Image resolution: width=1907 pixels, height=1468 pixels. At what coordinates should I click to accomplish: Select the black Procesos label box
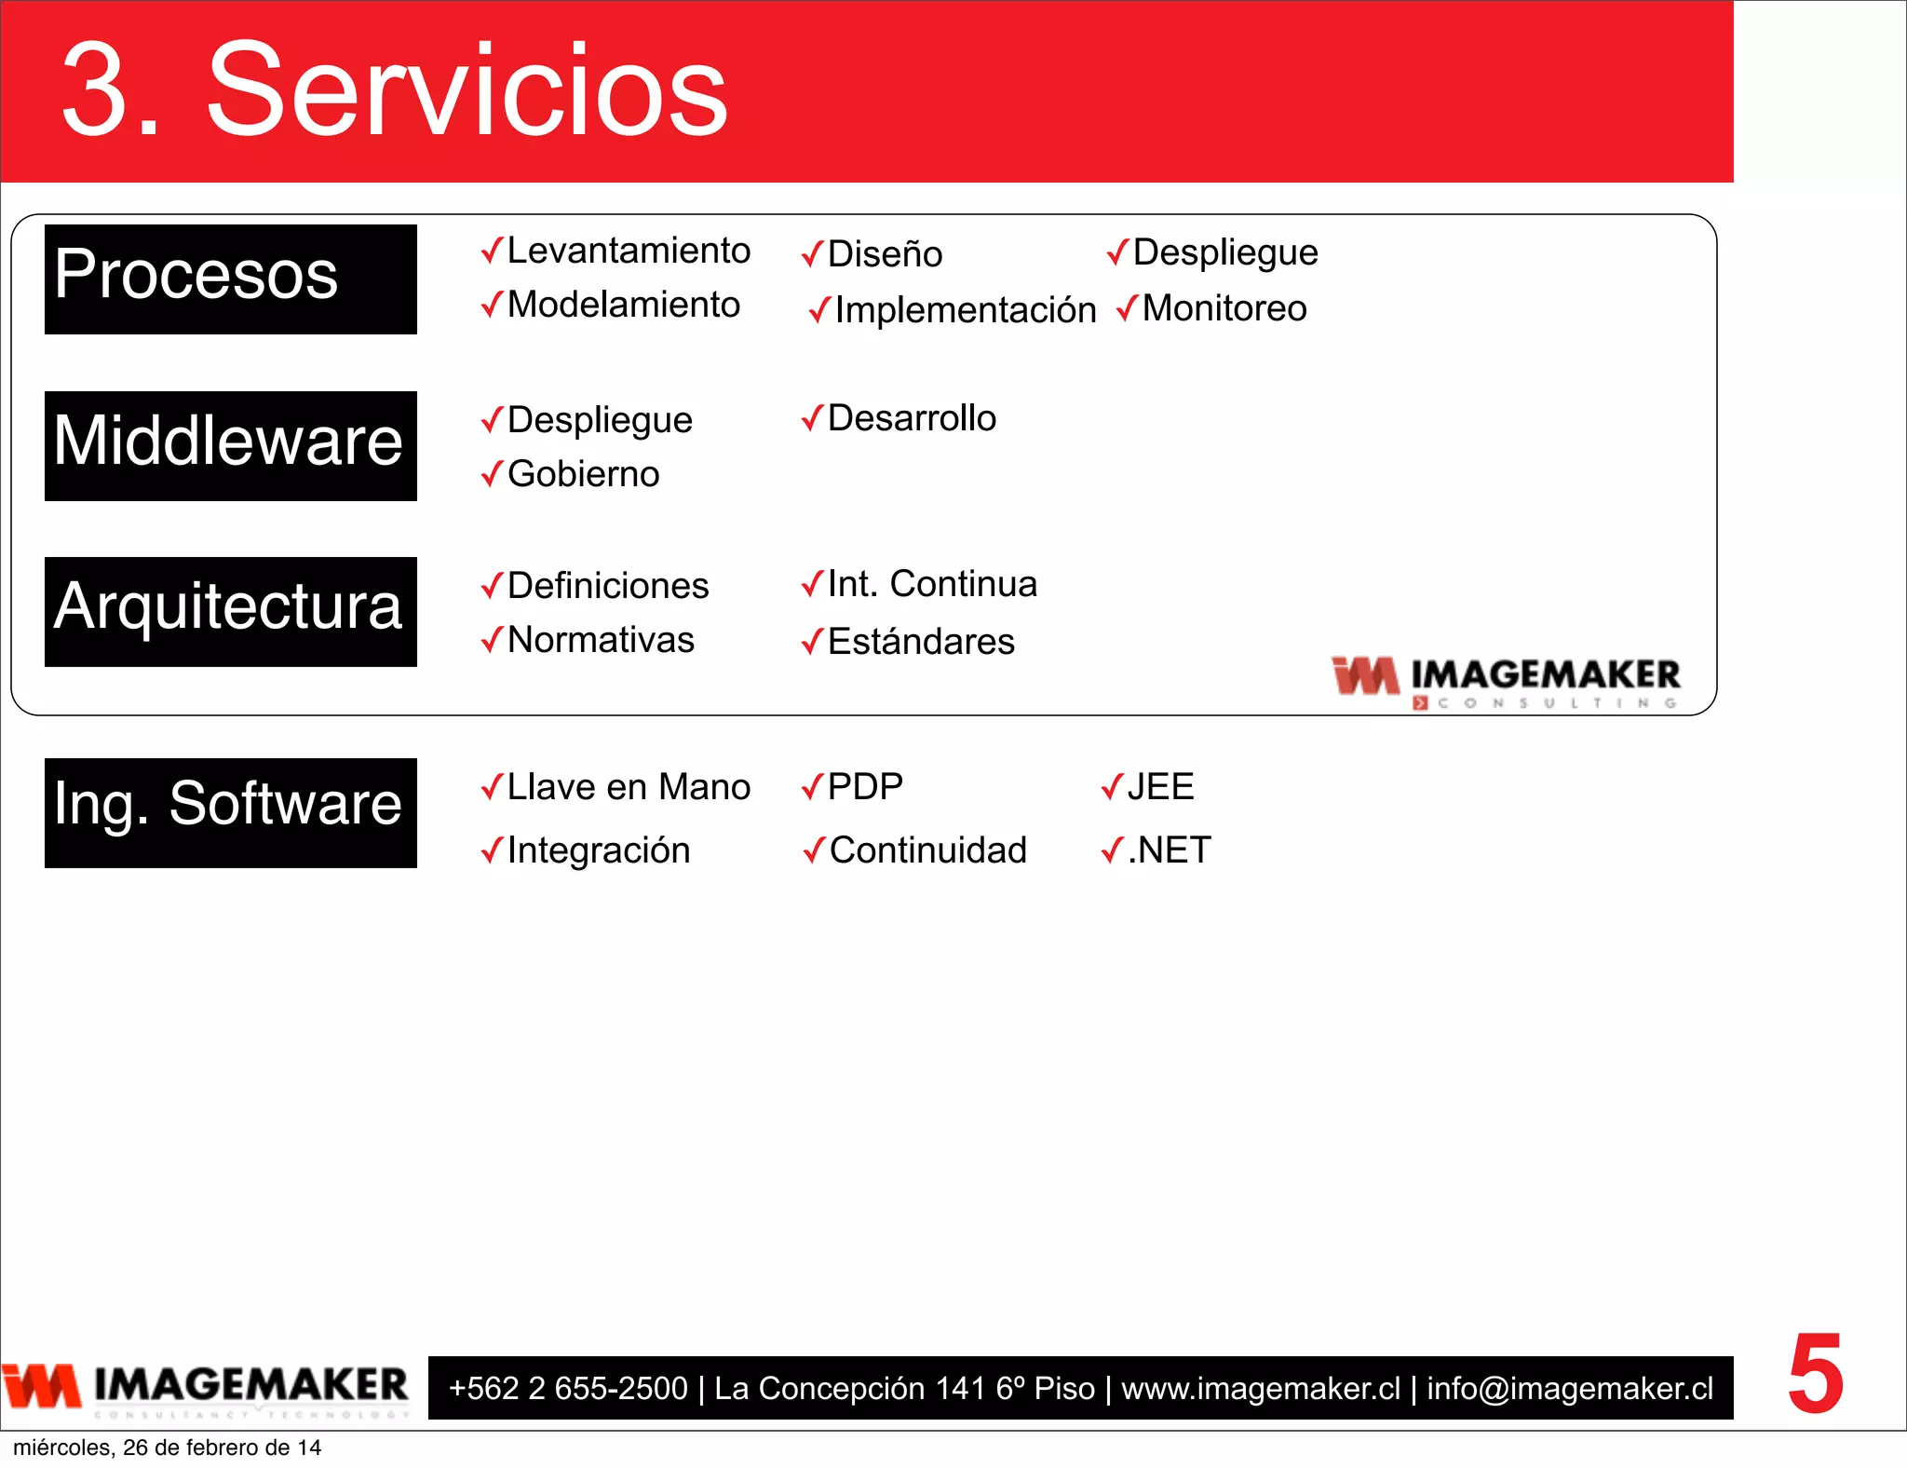pyautogui.click(x=230, y=279)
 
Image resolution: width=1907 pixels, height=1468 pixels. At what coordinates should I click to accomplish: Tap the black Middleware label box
pyautogui.click(x=230, y=445)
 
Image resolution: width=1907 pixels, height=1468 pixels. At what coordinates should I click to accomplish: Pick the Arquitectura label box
pyautogui.click(x=230, y=611)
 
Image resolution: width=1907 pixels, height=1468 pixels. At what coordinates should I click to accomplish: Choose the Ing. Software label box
pyautogui.click(x=230, y=812)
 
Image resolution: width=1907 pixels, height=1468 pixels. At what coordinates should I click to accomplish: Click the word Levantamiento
pyautogui.click(x=628, y=251)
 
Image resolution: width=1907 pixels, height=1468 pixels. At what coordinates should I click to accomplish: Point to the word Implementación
pyautogui.click(x=965, y=310)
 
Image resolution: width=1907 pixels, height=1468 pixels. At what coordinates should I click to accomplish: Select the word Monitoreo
pyautogui.click(x=1224, y=308)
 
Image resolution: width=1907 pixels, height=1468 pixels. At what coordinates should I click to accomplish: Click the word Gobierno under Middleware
pyautogui.click(x=583, y=474)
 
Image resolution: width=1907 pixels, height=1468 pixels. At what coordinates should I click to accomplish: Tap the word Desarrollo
pyautogui.click(x=911, y=418)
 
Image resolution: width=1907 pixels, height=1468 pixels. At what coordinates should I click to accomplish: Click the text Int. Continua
pyautogui.click(x=931, y=584)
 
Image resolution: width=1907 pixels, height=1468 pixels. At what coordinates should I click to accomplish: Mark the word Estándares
pyautogui.click(x=920, y=642)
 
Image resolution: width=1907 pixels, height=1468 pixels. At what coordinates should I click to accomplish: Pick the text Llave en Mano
pyautogui.click(x=628, y=787)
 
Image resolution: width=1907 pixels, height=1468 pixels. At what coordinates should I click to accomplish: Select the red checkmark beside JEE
pyautogui.click(x=1112, y=787)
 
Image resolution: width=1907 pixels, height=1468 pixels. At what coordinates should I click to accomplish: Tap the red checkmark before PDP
pyautogui.click(x=812, y=787)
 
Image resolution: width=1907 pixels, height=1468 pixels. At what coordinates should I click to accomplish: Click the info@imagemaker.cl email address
pyautogui.click(x=1570, y=1388)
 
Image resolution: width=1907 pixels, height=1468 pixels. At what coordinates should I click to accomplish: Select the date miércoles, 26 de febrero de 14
pyautogui.click(x=167, y=1448)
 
